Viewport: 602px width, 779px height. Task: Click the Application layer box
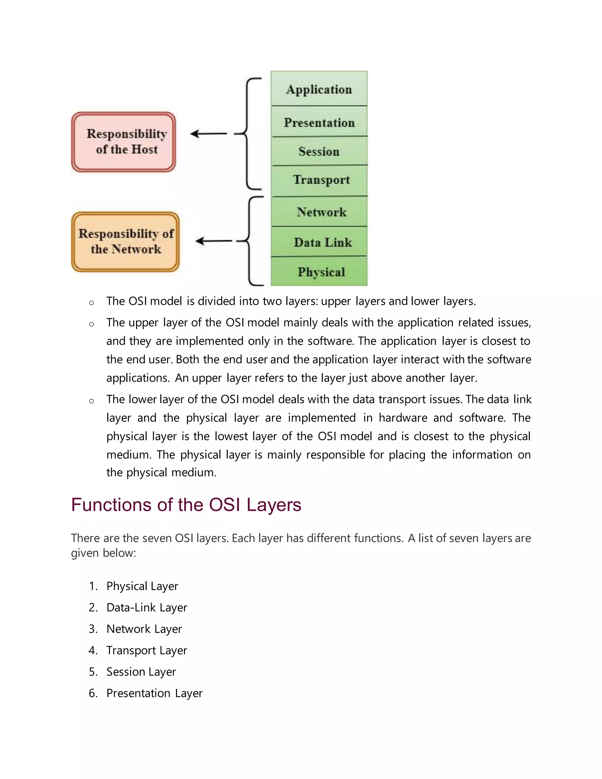[319, 89]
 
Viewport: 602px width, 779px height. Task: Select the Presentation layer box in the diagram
[319, 122]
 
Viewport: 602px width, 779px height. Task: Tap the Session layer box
[319, 151]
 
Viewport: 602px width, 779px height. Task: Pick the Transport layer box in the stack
[319, 180]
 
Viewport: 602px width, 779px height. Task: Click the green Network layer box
[319, 212]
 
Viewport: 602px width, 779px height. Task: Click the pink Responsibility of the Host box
[124, 142]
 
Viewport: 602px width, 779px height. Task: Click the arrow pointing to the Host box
[209, 134]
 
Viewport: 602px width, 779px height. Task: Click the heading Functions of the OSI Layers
[186, 505]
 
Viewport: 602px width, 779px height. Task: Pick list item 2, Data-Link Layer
[147, 607]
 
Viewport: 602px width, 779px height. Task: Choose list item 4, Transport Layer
[147, 650]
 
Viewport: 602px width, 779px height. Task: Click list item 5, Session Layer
[141, 672]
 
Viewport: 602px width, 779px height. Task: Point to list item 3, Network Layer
[144, 629]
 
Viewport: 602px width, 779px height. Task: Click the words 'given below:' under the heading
[103, 553]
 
